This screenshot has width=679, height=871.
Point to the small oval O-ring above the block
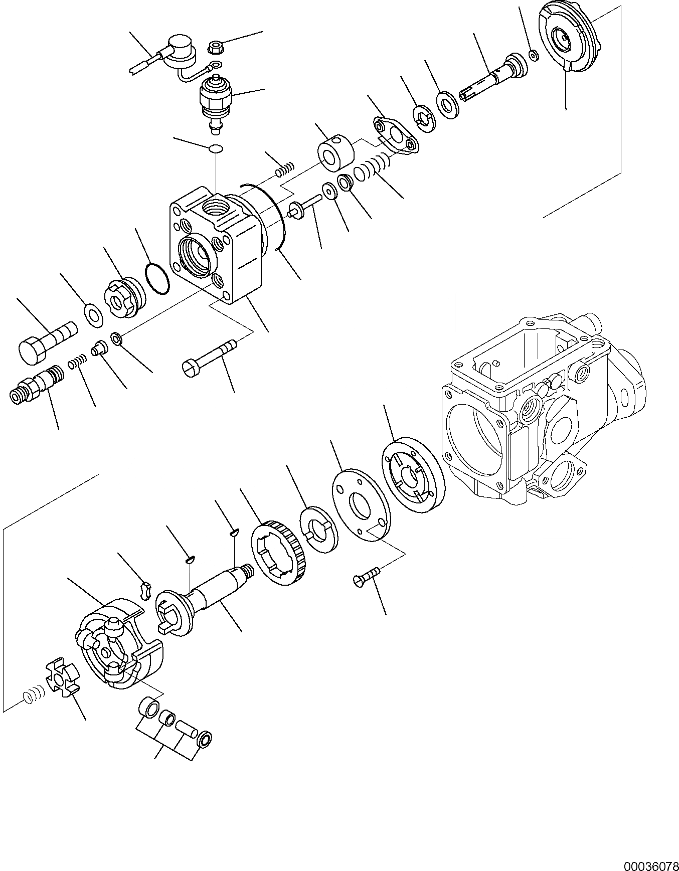[216, 149]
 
